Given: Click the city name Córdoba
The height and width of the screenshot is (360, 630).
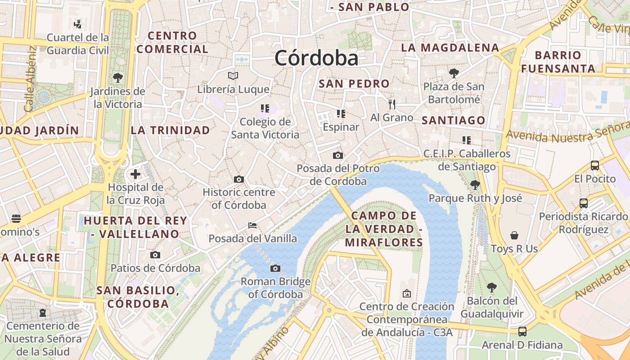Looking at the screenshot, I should coord(316,58).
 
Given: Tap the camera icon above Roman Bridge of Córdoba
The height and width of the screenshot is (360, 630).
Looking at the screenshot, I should coord(275,269).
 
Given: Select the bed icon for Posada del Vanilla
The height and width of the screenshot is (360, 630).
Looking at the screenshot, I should coord(252,225).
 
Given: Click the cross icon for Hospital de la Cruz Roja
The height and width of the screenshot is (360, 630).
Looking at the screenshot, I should coord(135,174).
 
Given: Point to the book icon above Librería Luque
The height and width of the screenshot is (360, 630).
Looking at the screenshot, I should coord(233,76).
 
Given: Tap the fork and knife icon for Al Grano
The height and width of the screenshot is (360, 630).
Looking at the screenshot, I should coord(392,104).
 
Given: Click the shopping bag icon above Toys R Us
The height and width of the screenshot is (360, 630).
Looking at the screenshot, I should coord(514,235).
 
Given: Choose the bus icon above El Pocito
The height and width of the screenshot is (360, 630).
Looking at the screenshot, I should coord(594,166).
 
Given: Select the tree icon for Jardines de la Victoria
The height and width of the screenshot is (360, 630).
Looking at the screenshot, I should coord(118,78).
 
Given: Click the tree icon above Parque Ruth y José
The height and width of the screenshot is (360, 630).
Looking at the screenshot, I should coord(475,184).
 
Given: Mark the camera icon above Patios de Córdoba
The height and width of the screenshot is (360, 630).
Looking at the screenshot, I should coord(155,255).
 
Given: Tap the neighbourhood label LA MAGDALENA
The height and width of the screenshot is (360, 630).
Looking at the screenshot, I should coord(450,48).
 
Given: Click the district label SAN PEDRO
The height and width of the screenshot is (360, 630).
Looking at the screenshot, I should coord(354,84).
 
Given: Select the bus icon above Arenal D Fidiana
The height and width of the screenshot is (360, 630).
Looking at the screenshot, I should coord(522,332).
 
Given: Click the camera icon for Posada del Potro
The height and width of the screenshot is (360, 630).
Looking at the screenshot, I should coord(337,156).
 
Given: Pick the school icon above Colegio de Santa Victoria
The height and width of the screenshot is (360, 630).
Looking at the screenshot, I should coord(265,108).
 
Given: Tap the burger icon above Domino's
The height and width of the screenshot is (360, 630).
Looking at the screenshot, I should coord(16,219).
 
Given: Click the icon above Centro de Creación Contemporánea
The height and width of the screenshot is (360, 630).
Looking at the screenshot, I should coord(406,293).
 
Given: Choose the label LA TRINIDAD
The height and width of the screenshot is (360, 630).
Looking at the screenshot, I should coord(170,130).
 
